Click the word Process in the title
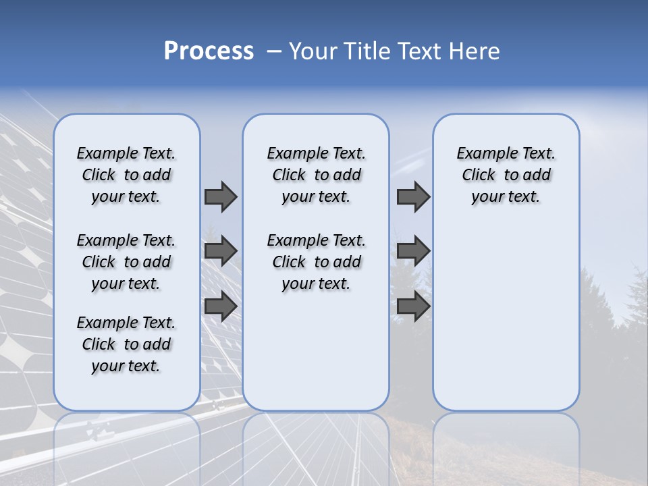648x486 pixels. click(x=209, y=51)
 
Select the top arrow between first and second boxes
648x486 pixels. click(x=221, y=196)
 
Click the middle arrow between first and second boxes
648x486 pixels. click(x=221, y=251)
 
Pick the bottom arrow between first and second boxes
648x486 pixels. click(x=221, y=306)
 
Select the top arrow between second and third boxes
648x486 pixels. click(x=413, y=196)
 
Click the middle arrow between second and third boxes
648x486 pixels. click(x=413, y=251)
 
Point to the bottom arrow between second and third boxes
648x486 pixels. click(x=413, y=306)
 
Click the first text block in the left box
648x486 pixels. click(x=126, y=175)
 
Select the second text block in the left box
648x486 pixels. click(x=126, y=262)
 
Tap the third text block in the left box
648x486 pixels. click(x=126, y=344)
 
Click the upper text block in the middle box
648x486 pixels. click(x=317, y=175)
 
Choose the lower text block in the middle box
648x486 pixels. click(x=317, y=262)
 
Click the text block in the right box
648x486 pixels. click(x=506, y=175)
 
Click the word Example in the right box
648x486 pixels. click(x=482, y=154)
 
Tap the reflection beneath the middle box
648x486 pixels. click(x=316, y=446)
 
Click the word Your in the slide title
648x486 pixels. click(x=314, y=51)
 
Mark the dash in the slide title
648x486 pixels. click(x=273, y=51)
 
